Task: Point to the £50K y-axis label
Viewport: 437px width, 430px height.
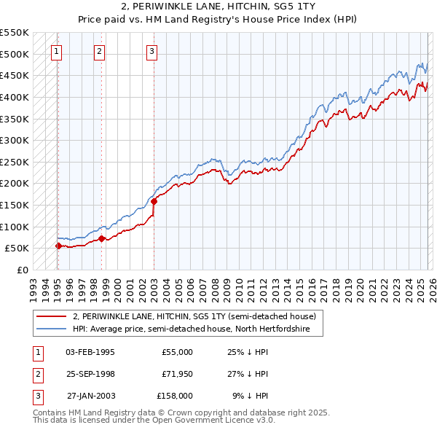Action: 16,249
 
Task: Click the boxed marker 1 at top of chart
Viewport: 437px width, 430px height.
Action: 57,51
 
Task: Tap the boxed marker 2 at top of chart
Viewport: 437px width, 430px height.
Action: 100,51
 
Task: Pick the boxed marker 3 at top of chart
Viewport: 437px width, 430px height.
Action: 151,51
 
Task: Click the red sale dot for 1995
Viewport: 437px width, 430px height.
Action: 58,246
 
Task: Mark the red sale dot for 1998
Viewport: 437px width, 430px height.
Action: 101,238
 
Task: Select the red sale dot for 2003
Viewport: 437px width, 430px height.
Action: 154,201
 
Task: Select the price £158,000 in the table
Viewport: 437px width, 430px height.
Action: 175,396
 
